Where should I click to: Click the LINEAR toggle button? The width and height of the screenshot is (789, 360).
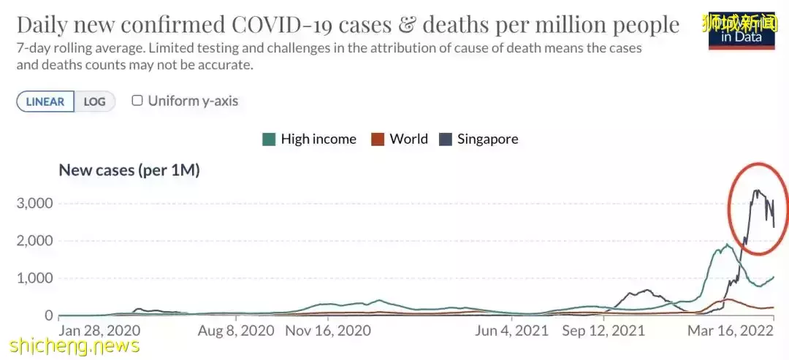[45, 102]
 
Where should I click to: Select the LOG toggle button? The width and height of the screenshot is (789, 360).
[95, 102]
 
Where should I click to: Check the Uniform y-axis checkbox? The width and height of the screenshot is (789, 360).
[137, 101]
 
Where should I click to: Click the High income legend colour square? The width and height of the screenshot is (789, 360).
[269, 139]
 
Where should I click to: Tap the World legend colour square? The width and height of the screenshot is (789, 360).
[378, 139]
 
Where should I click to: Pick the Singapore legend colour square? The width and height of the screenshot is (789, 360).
[445, 139]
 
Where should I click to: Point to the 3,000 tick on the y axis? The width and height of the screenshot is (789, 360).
[35, 203]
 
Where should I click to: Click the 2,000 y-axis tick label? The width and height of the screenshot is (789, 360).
[35, 241]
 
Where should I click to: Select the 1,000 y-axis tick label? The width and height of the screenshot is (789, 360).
[35, 278]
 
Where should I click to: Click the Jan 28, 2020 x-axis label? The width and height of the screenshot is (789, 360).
[99, 331]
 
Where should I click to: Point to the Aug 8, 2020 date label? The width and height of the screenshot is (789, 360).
[236, 331]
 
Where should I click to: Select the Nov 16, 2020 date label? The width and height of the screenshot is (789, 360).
[328, 331]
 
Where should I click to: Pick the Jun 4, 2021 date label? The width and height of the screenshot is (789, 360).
[511, 331]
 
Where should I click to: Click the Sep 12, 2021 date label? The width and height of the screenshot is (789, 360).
[603, 331]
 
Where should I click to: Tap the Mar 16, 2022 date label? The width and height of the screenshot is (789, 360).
[731, 331]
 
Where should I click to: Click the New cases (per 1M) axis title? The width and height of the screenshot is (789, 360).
[129, 170]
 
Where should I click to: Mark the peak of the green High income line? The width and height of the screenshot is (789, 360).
[727, 245]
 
